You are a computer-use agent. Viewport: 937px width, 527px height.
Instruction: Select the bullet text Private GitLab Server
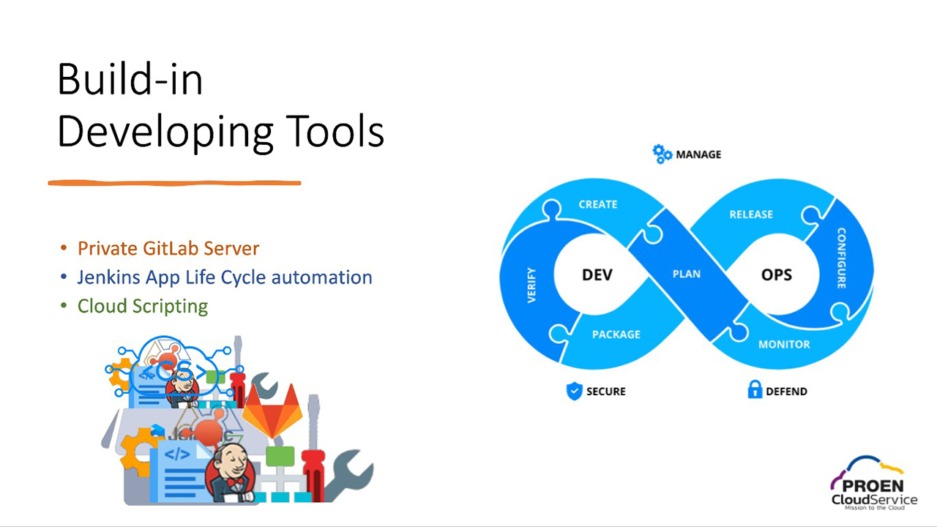[x=168, y=248]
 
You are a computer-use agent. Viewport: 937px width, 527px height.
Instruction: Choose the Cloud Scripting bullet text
[x=143, y=306]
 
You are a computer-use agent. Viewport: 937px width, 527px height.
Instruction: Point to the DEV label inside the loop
[x=597, y=275]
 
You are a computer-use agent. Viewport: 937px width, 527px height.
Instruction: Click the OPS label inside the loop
[x=776, y=275]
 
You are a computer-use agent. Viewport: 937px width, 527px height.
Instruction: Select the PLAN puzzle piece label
[x=686, y=274]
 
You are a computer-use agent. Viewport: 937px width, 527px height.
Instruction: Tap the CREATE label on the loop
[x=598, y=204]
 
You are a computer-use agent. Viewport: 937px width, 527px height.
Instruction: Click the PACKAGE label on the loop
[x=616, y=334]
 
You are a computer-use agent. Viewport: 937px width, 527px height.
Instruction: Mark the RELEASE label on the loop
[x=751, y=214]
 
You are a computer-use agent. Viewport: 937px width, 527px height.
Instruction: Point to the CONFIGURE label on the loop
[x=841, y=258]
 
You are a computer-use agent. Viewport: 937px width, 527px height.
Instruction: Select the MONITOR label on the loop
[x=783, y=344]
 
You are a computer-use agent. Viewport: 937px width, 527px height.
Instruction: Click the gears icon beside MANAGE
[x=662, y=154]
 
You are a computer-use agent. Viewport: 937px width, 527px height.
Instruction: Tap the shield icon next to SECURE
[x=575, y=391]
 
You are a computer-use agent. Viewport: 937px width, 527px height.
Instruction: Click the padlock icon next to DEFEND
[x=755, y=390]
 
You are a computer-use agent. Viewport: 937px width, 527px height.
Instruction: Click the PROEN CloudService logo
[x=873, y=486]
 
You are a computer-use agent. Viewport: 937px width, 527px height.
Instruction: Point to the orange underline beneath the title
[x=174, y=182]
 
